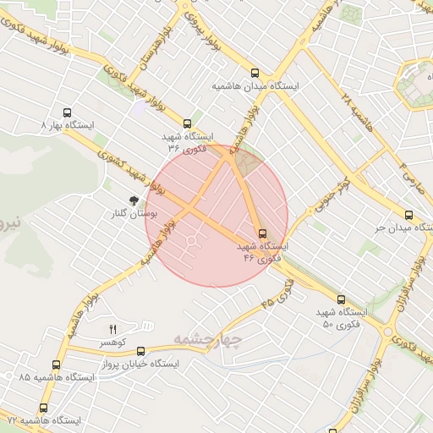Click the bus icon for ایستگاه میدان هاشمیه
click(x=255, y=73)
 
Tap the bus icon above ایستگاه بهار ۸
click(x=68, y=112)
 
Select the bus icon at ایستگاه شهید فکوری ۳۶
click(x=187, y=123)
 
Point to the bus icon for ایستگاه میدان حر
click(x=409, y=215)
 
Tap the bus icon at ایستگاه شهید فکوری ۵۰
click(x=341, y=299)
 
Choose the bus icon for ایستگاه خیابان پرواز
click(x=140, y=351)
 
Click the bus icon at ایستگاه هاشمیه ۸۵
click(x=56, y=365)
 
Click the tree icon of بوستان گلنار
click(x=134, y=200)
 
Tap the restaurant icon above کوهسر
click(x=112, y=329)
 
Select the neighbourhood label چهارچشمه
click(x=208, y=339)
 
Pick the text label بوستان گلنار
click(x=130, y=214)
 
